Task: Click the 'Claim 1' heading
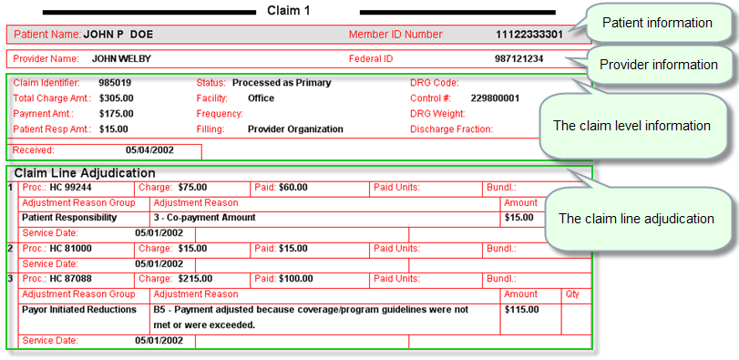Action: (x=289, y=10)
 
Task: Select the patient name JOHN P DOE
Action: (x=118, y=35)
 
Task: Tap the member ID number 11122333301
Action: (x=529, y=35)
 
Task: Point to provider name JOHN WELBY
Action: (x=121, y=59)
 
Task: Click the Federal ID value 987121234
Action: (x=518, y=59)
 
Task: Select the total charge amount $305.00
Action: (x=116, y=98)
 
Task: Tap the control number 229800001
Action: (x=495, y=98)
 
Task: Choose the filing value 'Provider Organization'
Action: (x=295, y=129)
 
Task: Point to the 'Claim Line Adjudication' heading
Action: (x=85, y=172)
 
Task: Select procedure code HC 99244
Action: (x=70, y=187)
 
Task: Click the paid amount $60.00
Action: (x=293, y=187)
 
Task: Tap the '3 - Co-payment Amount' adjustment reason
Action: (x=204, y=218)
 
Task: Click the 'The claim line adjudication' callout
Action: (x=636, y=219)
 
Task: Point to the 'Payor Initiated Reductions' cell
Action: (x=78, y=309)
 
